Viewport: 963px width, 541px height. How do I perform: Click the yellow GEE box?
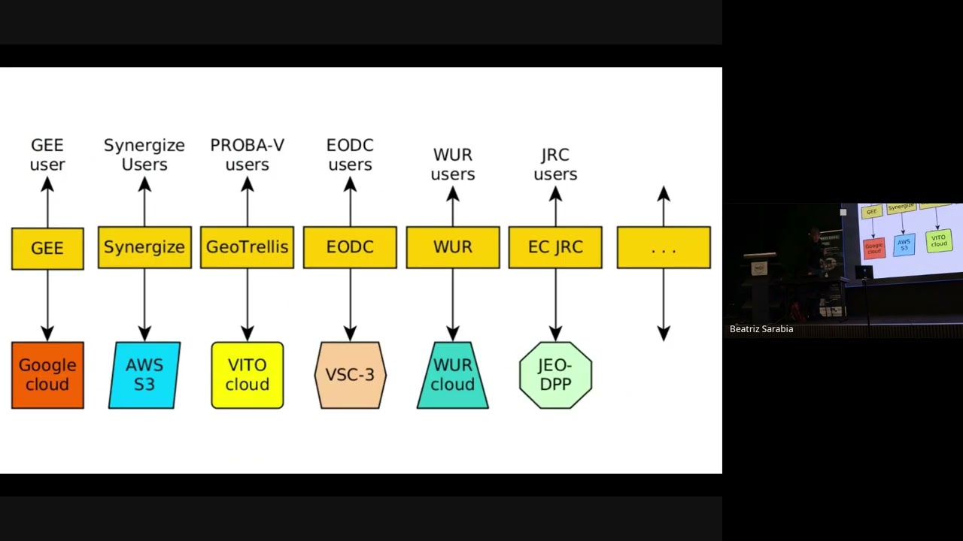[47, 248]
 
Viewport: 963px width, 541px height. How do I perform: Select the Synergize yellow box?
[144, 248]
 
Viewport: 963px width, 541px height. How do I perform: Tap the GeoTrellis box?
[247, 248]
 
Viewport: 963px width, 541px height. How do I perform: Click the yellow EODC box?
[350, 248]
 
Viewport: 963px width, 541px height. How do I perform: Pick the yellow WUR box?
[452, 248]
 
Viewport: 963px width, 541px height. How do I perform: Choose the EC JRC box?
[555, 248]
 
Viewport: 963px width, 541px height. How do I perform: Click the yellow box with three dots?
[664, 248]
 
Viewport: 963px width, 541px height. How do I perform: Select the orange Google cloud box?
[47, 375]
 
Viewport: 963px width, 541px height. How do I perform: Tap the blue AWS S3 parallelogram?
[144, 375]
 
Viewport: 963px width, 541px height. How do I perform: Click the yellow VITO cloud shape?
[247, 375]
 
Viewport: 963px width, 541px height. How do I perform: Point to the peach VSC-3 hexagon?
[350, 375]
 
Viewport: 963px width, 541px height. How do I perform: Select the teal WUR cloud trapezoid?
[452, 375]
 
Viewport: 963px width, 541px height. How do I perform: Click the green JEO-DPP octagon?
[555, 375]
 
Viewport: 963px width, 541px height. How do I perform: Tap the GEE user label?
[47, 155]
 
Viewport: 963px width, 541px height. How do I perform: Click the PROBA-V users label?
[247, 155]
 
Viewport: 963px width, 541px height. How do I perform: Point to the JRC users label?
[555, 165]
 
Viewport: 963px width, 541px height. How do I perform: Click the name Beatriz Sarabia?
[761, 329]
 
